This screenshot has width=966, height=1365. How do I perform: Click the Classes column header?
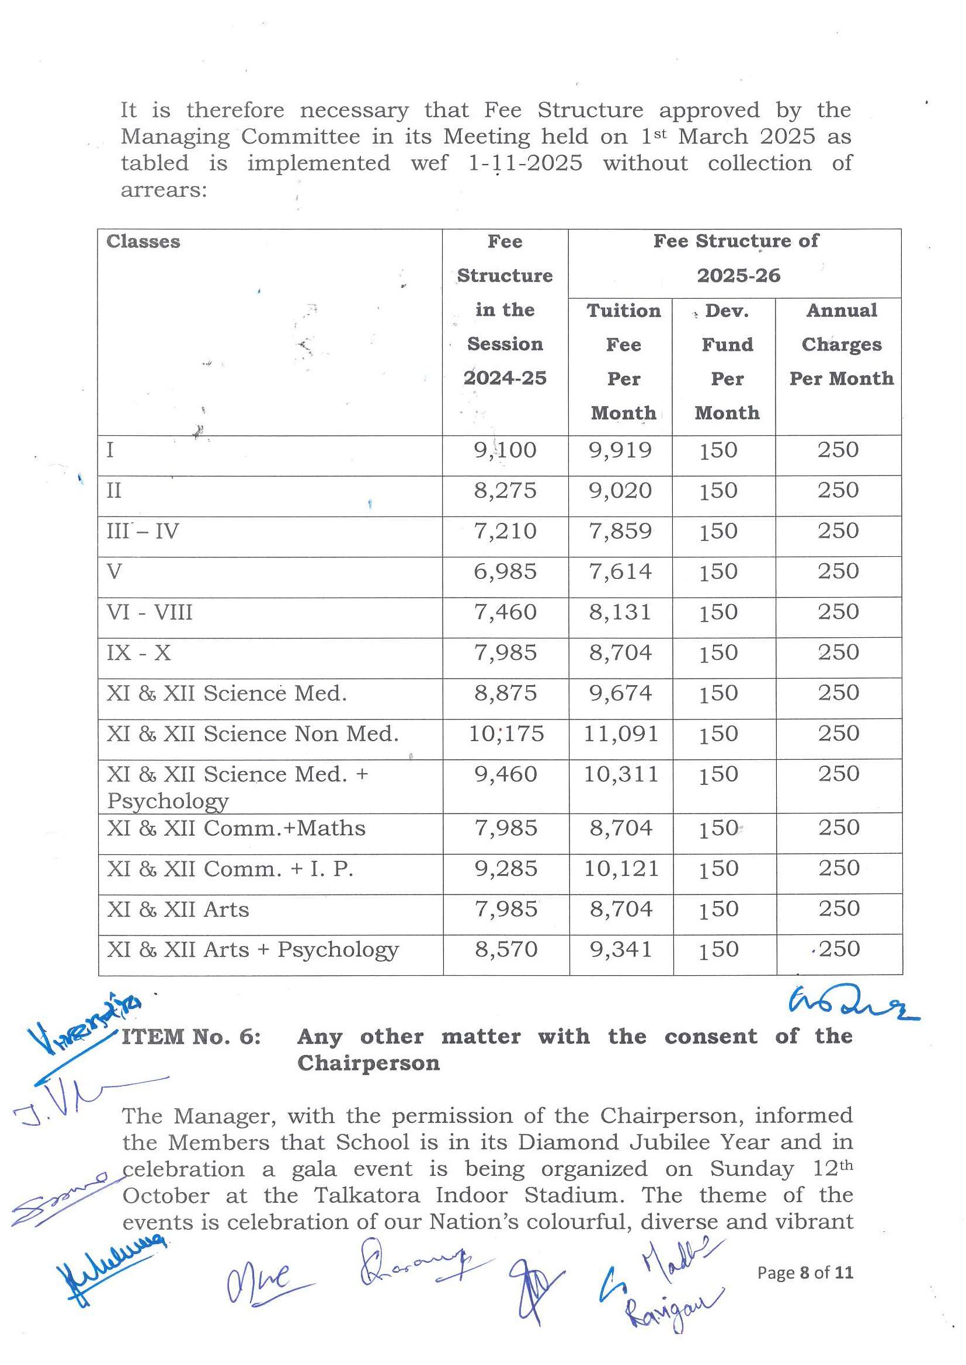(x=143, y=242)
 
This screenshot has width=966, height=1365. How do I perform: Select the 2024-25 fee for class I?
(x=505, y=450)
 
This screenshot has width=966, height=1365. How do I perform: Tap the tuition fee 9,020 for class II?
(x=620, y=490)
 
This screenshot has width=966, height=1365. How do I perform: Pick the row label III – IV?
(x=143, y=531)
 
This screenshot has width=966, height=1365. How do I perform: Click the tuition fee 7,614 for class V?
(x=620, y=571)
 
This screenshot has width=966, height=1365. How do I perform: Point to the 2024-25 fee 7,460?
(x=505, y=612)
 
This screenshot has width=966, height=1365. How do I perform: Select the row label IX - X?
(x=138, y=653)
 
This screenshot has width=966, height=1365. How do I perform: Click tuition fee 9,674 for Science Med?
(x=620, y=693)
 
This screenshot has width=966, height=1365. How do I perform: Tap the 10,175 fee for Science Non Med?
(x=506, y=734)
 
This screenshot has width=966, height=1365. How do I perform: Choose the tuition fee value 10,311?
(x=621, y=774)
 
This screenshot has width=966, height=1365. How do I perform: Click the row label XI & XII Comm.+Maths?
(x=236, y=828)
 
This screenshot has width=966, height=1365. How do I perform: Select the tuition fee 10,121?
(x=621, y=868)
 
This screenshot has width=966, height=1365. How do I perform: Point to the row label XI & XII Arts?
(x=178, y=909)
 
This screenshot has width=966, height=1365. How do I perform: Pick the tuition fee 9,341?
(x=621, y=949)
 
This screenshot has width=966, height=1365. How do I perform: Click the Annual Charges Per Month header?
(x=841, y=344)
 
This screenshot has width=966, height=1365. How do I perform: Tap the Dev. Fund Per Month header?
(x=727, y=361)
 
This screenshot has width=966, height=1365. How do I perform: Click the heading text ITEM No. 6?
(x=191, y=1036)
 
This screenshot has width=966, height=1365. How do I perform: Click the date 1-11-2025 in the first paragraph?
(x=525, y=163)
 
